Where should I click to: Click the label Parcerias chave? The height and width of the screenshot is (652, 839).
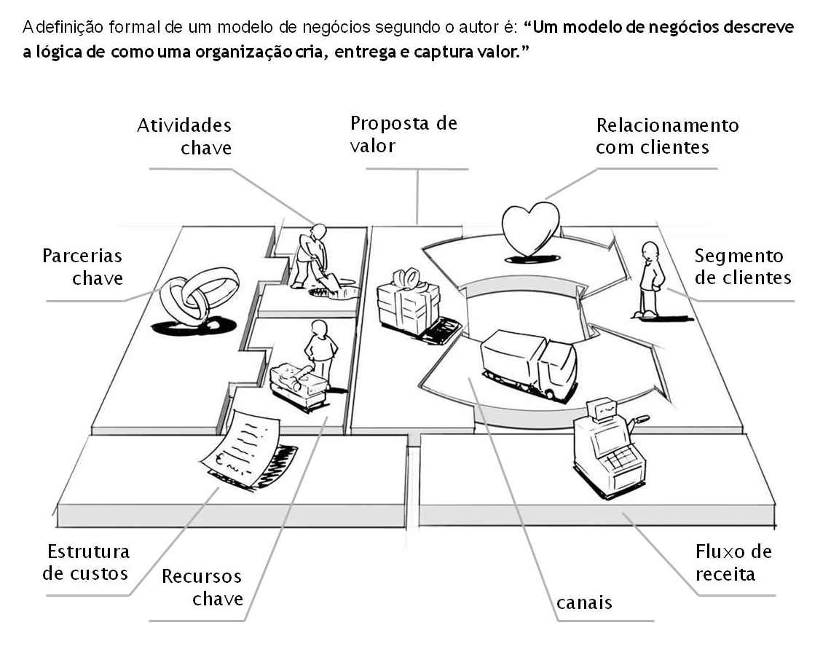pyautogui.click(x=82, y=267)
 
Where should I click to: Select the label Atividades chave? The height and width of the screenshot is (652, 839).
pyautogui.click(x=184, y=136)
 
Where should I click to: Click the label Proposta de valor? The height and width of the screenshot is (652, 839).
pyautogui.click(x=403, y=133)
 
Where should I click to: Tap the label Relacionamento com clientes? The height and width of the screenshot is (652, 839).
pyautogui.click(x=666, y=136)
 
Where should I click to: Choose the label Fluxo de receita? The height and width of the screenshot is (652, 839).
pyautogui.click(x=733, y=562)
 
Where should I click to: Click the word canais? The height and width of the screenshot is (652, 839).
pyautogui.click(x=584, y=603)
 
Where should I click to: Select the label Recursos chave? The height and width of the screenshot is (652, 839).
pyautogui.click(x=202, y=588)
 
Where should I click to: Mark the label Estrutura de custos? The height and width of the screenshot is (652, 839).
pyautogui.click(x=86, y=562)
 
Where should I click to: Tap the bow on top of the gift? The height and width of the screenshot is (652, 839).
pyautogui.click(x=407, y=277)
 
